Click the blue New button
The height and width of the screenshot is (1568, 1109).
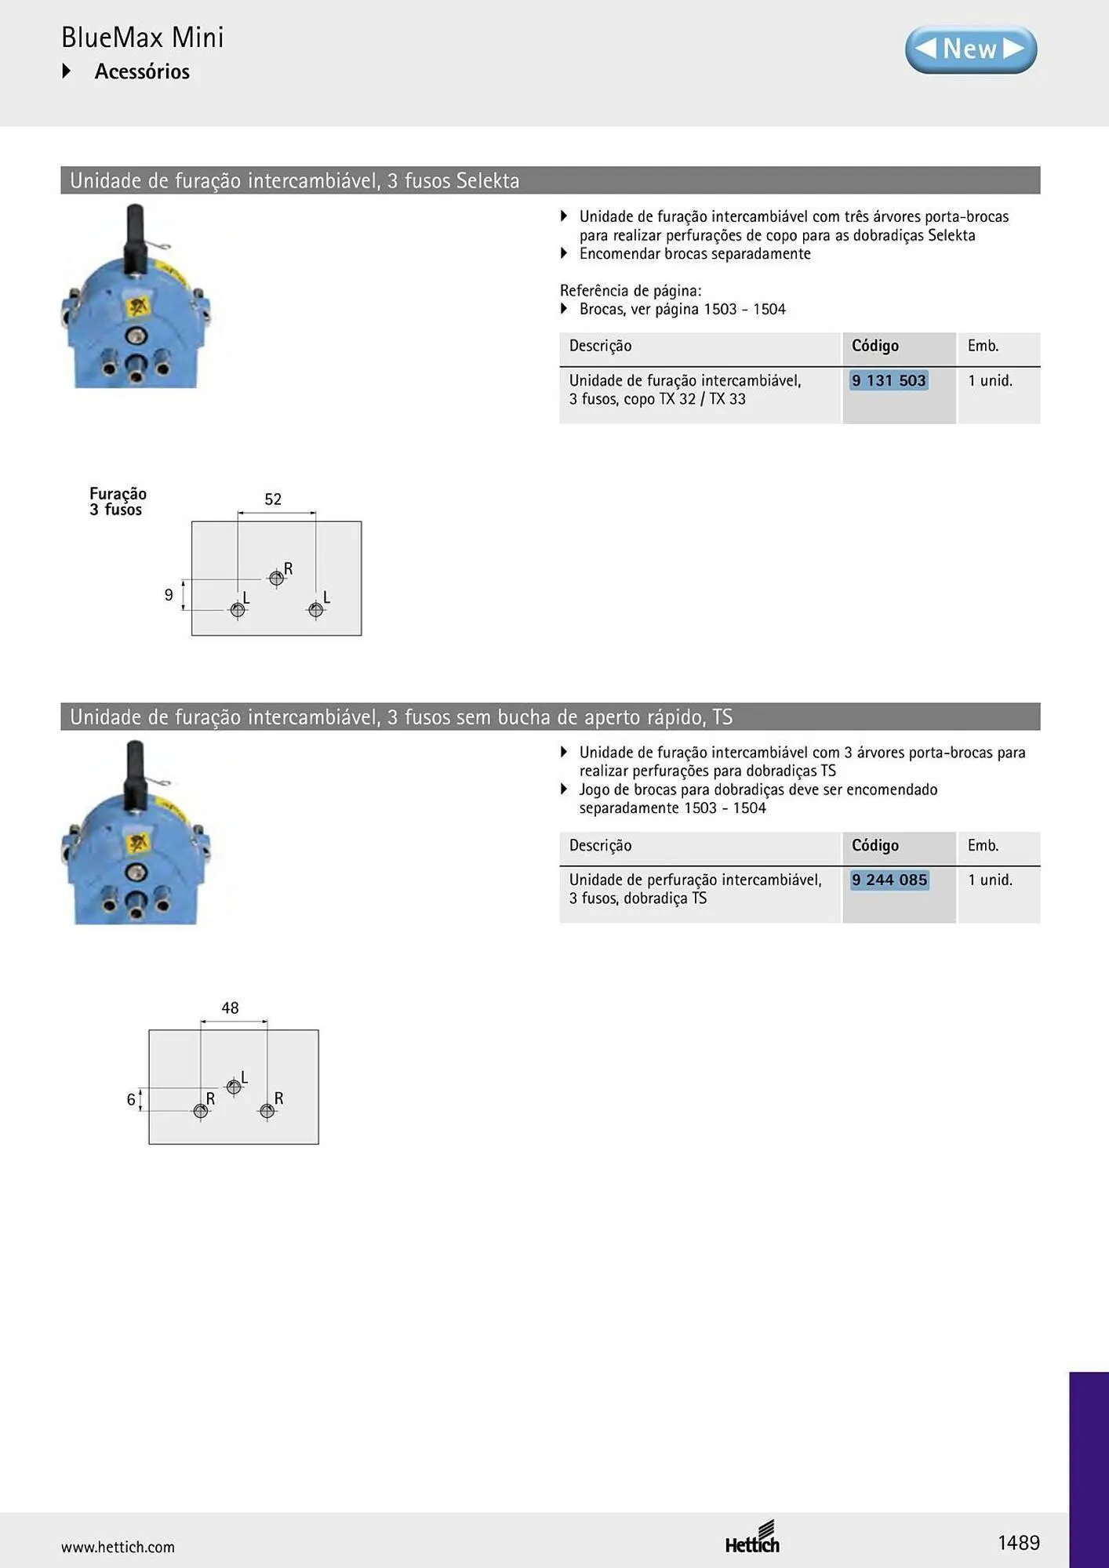[971, 49]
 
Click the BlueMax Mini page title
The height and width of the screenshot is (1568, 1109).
[143, 37]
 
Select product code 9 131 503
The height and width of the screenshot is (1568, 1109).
[889, 380]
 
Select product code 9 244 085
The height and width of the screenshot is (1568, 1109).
[889, 880]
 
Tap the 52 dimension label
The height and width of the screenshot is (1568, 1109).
[273, 499]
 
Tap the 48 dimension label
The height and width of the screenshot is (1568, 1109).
[230, 1007]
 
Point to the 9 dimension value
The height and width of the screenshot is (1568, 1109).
[169, 595]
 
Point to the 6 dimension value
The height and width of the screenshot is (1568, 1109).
[131, 1099]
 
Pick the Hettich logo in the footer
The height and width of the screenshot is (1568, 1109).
[752, 1537]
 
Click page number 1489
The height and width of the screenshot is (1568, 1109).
[1019, 1543]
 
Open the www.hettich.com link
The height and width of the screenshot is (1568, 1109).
[118, 1547]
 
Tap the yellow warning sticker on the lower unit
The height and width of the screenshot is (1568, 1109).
[138, 844]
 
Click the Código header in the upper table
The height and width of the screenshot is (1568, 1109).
[875, 346]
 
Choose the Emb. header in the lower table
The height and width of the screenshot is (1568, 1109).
[983, 845]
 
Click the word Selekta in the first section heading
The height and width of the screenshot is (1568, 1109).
[488, 180]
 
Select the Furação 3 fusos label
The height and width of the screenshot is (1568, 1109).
[118, 502]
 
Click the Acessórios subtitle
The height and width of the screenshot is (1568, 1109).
[142, 71]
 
